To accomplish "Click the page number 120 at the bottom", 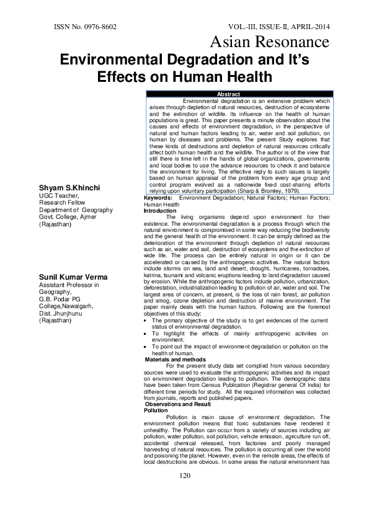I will pos(184,492).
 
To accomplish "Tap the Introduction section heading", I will pos(160,228).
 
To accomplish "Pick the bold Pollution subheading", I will pos(155,410).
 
